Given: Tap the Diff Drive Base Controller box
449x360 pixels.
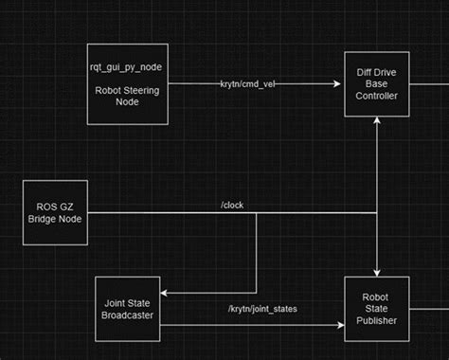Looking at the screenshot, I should point(377,84).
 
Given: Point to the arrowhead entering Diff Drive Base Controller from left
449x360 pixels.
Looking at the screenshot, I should point(340,84).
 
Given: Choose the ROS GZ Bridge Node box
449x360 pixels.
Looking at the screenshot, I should point(55,213).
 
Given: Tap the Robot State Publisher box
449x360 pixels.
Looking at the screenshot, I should point(377,309).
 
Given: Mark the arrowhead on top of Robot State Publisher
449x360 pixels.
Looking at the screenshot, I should point(377,273).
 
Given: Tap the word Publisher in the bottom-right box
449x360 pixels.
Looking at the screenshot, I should point(377,320).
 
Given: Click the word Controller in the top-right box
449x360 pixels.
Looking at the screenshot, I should point(377,96).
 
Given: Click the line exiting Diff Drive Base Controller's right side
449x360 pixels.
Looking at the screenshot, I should point(428,84).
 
